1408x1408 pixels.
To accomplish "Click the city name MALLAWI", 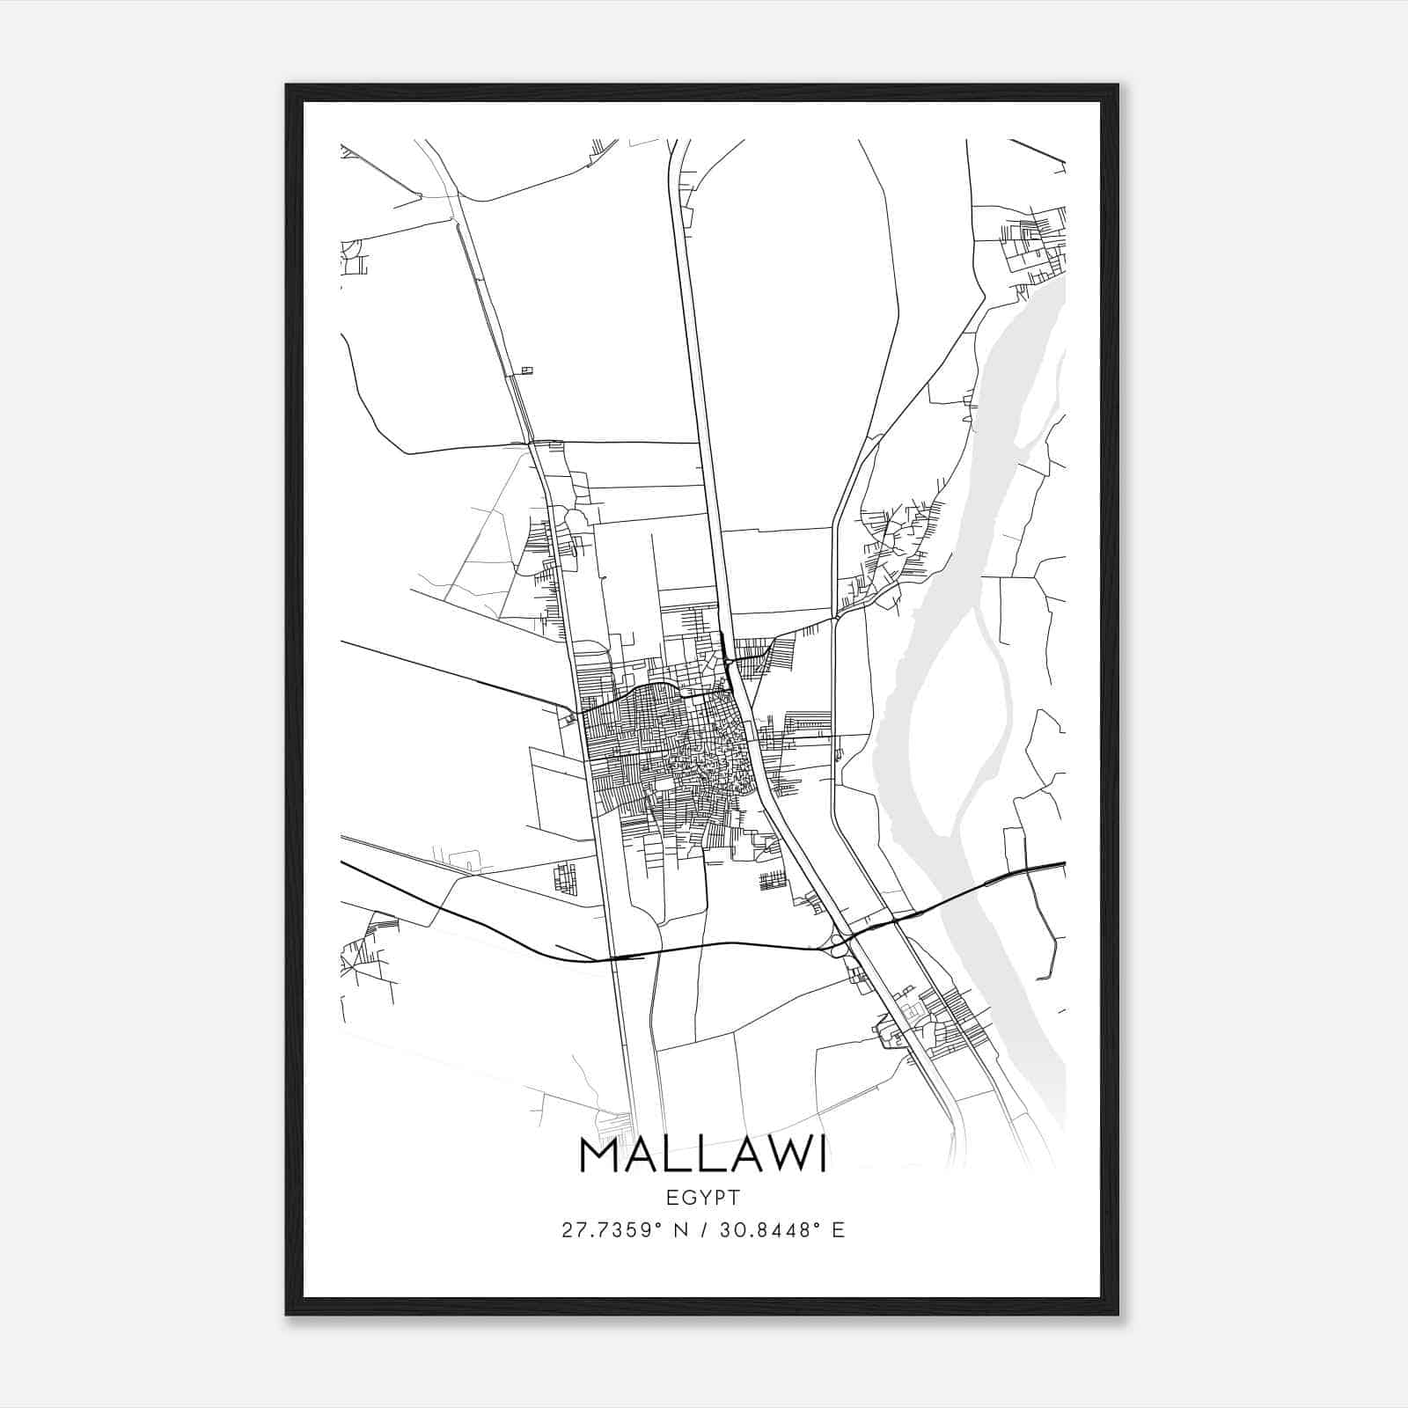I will pyautogui.click(x=702, y=1155).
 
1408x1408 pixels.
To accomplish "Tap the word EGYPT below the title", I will pyautogui.click(x=702, y=1198).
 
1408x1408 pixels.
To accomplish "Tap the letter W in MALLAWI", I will pyautogui.click(x=781, y=1155).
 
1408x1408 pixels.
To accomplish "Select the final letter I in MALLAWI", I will pyautogui.click(x=822, y=1155).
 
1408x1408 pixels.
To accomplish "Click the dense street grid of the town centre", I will pyautogui.click(x=669, y=748).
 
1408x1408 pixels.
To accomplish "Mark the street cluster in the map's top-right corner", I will pyautogui.click(x=1034, y=242).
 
